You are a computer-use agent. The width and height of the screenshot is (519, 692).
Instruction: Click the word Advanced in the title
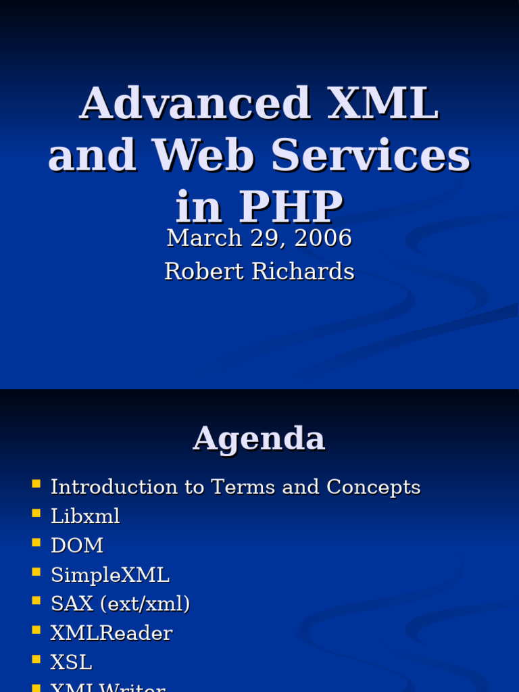tap(195, 104)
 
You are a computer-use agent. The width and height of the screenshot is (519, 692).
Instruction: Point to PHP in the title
tap(292, 207)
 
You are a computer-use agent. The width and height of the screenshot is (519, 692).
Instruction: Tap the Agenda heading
tap(259, 439)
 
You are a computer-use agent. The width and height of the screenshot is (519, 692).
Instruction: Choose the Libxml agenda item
tap(85, 516)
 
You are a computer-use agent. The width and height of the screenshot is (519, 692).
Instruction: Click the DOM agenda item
tap(77, 545)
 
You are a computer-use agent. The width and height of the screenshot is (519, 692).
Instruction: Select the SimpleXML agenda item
tap(110, 575)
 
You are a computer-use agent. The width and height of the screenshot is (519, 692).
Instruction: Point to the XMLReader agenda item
tap(112, 633)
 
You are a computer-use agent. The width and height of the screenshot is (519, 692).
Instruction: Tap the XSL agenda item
tap(71, 662)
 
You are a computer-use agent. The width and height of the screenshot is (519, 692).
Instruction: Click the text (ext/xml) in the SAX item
tap(145, 604)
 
